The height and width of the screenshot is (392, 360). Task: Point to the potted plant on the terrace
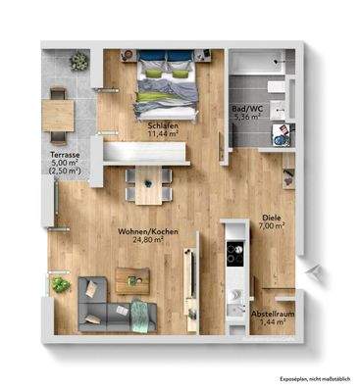tap(79, 61)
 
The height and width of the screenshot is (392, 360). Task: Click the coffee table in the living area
tap(129, 278)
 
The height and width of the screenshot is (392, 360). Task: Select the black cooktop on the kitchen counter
tap(234, 254)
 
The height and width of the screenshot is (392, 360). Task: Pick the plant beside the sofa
tap(61, 285)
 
